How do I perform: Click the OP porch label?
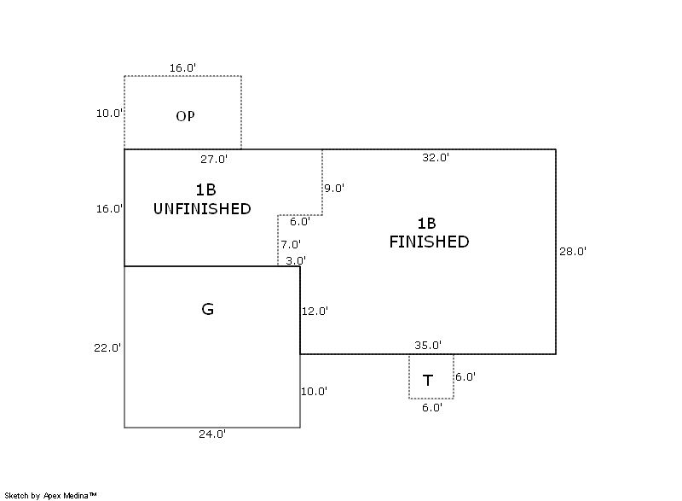185,116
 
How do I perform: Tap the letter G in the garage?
207,309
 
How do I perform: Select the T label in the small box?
428,381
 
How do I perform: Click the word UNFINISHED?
202,208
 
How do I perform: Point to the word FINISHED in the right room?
429,242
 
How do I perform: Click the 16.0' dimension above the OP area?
182,67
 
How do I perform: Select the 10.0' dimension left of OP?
109,113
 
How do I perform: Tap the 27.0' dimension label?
213,158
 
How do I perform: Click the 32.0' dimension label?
436,157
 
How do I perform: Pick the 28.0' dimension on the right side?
573,251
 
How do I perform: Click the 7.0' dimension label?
292,245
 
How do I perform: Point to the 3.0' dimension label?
296,260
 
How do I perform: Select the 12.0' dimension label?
315,312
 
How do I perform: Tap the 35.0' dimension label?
428,346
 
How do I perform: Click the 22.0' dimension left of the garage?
108,347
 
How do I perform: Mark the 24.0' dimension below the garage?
212,434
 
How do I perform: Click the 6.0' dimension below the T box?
432,407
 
